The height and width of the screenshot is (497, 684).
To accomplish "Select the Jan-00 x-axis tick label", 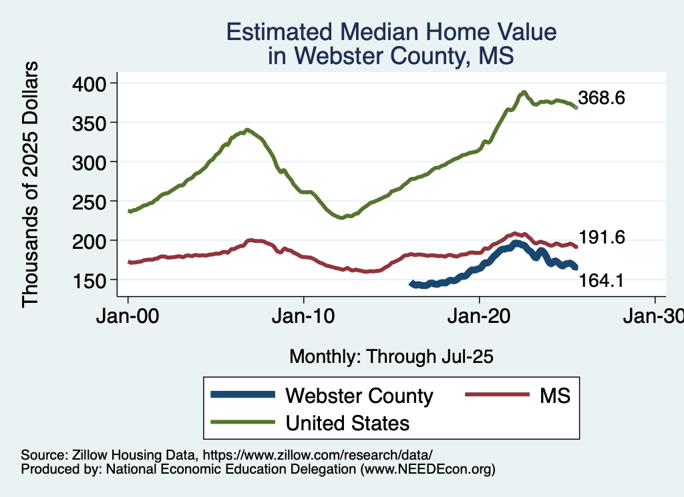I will [128, 317].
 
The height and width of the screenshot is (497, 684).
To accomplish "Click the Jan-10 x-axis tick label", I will [304, 317].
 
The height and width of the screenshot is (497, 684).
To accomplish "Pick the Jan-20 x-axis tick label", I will [480, 317].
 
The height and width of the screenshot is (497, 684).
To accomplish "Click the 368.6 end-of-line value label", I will [602, 99].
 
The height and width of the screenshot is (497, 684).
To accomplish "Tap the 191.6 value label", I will [602, 237].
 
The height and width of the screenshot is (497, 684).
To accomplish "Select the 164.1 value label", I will [602, 282].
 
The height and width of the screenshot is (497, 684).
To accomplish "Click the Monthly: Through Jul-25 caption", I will [391, 357].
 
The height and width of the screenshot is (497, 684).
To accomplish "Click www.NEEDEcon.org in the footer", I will [427, 470].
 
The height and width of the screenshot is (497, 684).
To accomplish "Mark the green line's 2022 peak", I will [524, 92].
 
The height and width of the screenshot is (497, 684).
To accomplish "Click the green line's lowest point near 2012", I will [342, 217].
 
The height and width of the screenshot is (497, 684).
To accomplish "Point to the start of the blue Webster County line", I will [411, 284].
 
